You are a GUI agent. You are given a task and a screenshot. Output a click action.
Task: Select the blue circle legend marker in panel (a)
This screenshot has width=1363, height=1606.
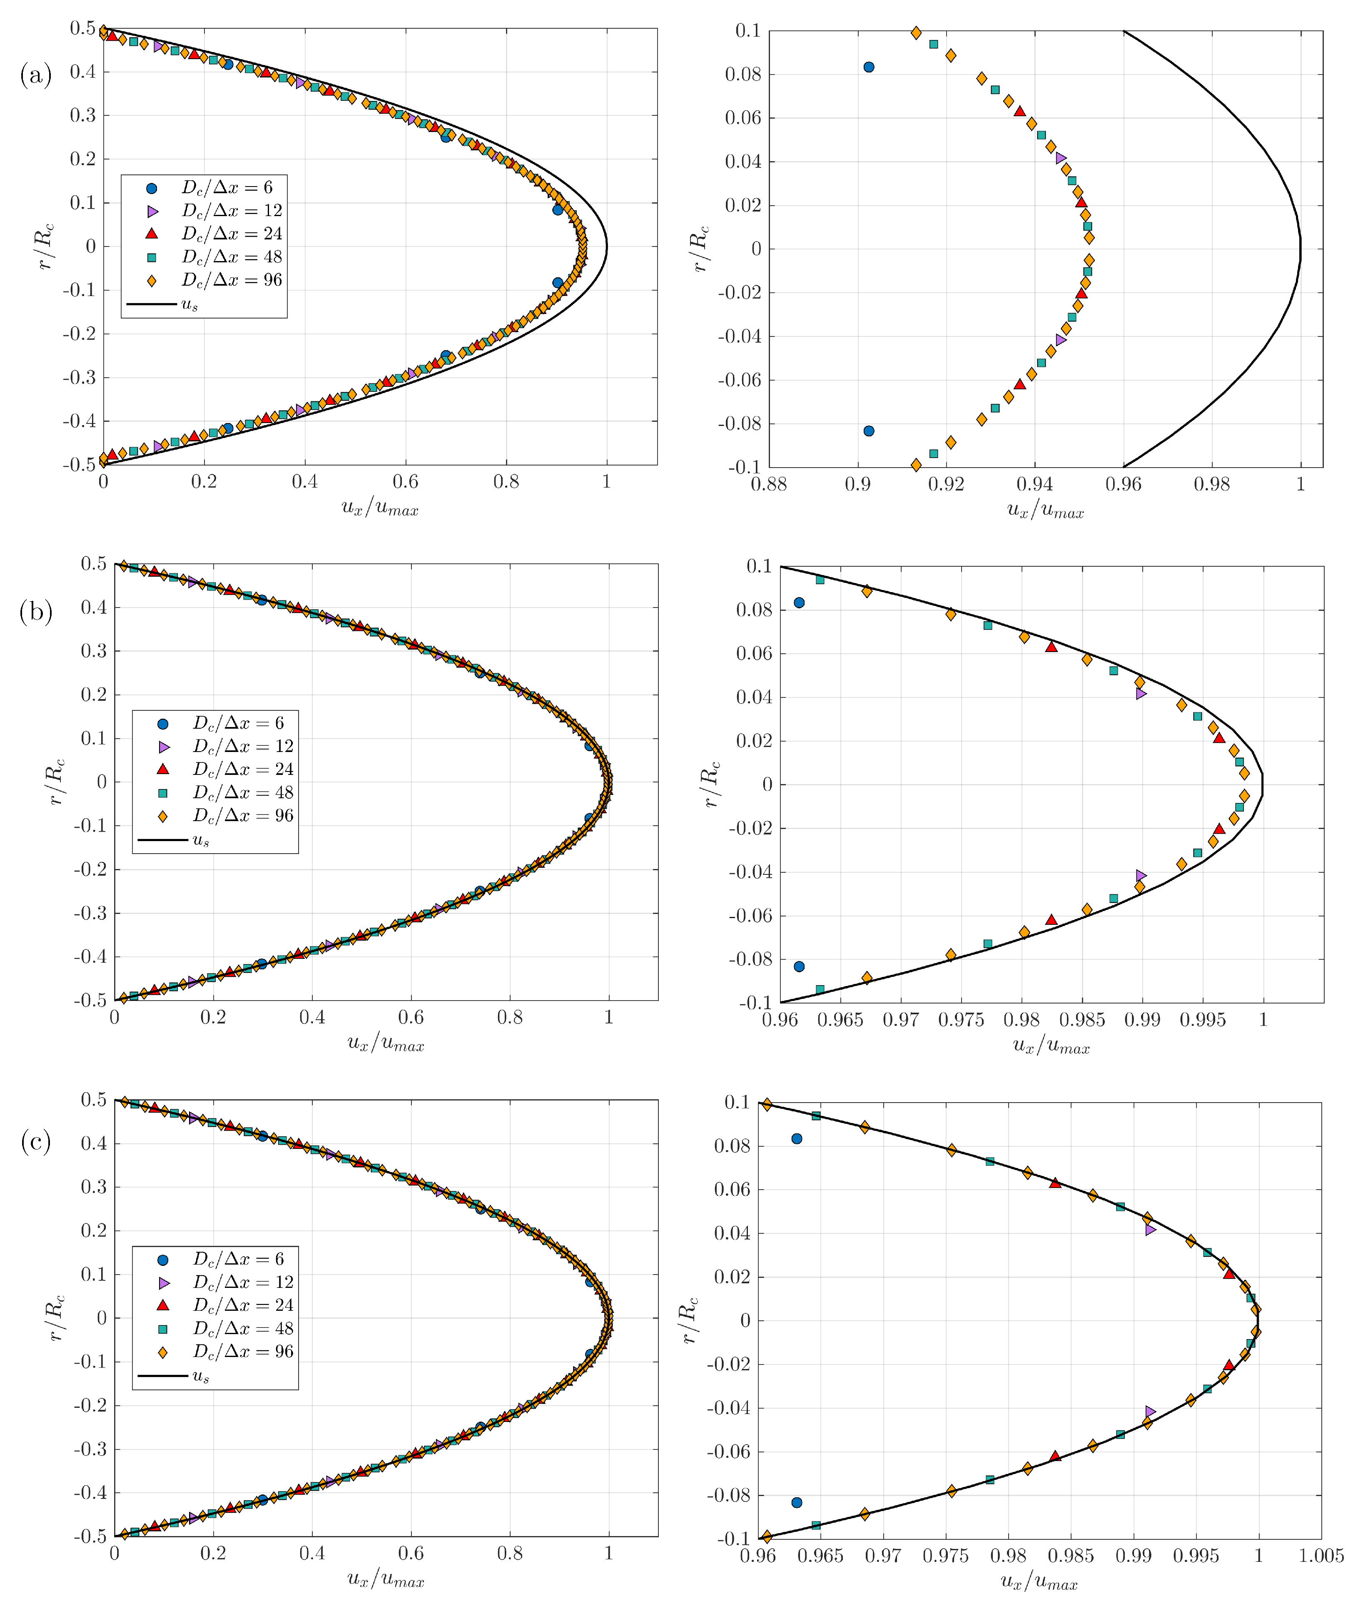[x=152, y=188]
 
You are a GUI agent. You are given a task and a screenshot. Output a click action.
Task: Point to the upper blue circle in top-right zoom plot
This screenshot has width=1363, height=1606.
[x=869, y=67]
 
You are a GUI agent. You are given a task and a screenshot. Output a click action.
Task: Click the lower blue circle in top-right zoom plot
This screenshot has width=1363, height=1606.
[x=869, y=431]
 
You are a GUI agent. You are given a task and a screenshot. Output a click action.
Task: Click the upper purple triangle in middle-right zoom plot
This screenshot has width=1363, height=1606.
[x=1141, y=694]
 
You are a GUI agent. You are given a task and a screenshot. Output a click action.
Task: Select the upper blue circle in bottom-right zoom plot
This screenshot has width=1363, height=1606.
[x=797, y=1139]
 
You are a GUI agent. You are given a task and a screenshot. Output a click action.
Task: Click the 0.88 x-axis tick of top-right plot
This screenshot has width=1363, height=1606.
[x=770, y=484]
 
